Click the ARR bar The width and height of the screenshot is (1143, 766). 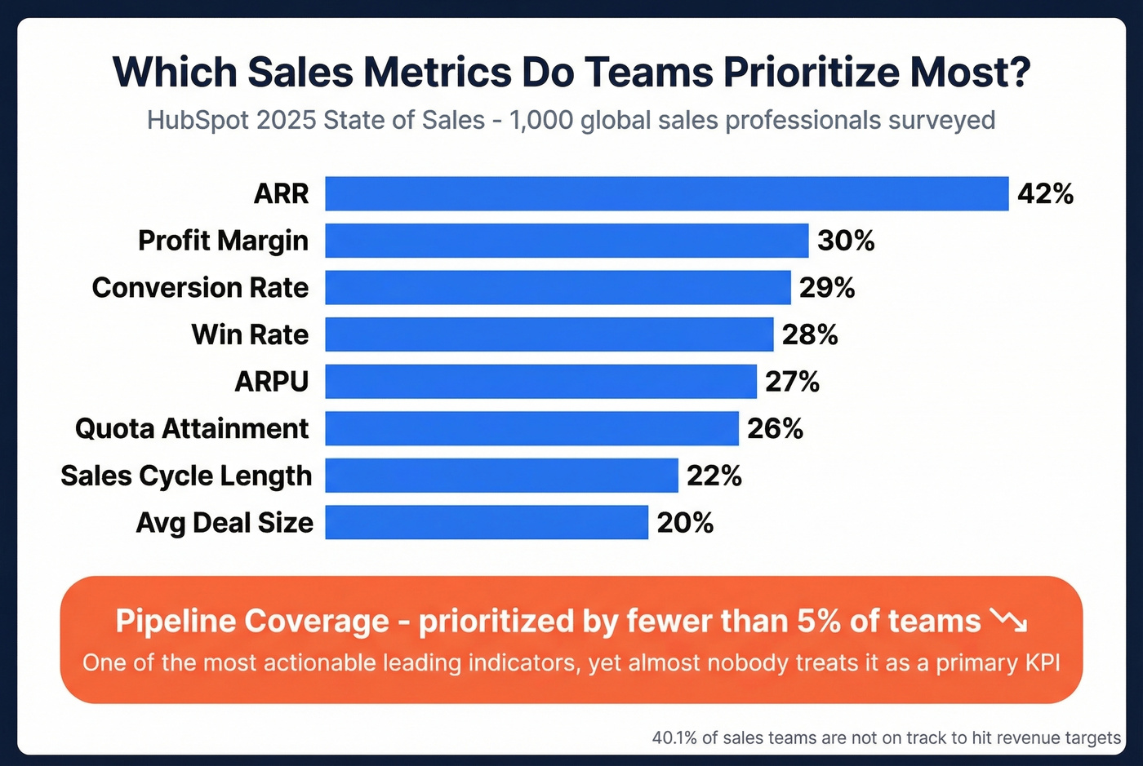click(x=666, y=193)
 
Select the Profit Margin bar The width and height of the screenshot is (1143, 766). click(x=567, y=241)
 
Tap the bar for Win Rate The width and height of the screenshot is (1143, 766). click(x=549, y=334)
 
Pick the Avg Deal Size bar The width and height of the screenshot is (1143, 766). click(x=487, y=522)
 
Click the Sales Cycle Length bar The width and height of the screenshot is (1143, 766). click(x=501, y=476)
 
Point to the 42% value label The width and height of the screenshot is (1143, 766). click(x=1045, y=194)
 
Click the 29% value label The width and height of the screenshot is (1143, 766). click(x=827, y=288)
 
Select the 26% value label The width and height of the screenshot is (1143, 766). click(x=775, y=429)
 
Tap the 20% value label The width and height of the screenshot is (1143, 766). click(x=685, y=523)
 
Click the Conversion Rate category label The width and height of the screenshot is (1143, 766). click(x=200, y=288)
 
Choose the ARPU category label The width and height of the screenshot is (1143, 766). click(x=272, y=382)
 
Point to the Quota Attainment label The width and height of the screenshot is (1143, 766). click(x=192, y=429)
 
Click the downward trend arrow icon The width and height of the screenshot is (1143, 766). click(x=1009, y=621)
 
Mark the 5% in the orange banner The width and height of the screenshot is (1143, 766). click(x=819, y=622)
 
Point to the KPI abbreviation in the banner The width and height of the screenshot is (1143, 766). click(x=1040, y=663)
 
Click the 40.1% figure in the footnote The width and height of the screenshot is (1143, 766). click(x=674, y=738)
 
